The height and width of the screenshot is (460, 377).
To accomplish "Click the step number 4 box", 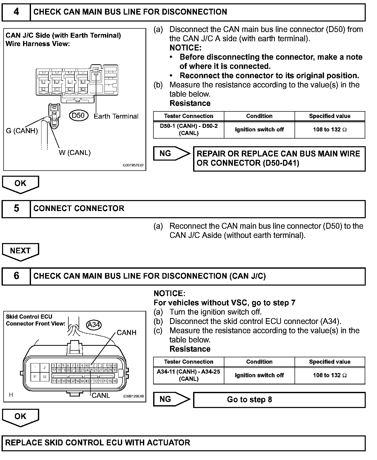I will click(16, 12).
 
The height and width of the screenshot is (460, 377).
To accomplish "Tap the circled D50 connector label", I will click(78, 116).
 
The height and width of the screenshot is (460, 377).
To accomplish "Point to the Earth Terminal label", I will click(116, 116).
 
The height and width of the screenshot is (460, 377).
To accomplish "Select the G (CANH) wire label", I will click(22, 131).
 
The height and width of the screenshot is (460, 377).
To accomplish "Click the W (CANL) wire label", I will click(75, 153).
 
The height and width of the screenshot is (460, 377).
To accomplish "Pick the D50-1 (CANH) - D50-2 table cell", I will click(189, 130).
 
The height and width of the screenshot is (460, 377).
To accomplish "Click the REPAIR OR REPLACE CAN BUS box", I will click(279, 159).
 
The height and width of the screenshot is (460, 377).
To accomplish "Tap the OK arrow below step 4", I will click(20, 184).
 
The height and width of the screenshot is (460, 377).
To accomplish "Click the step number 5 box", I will click(16, 208).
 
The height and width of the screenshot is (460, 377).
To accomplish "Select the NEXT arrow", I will click(20, 251).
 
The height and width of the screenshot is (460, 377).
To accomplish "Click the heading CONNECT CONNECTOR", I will click(79, 208).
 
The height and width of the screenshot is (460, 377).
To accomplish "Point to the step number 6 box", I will click(16, 276).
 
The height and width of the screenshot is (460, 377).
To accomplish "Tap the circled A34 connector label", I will click(94, 325).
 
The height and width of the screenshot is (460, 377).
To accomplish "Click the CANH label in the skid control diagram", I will click(127, 333).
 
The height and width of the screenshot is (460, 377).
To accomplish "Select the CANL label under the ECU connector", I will click(101, 395).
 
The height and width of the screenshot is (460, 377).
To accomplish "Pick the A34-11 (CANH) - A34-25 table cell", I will click(189, 375).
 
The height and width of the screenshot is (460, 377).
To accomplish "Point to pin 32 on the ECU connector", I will click(45, 377).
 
